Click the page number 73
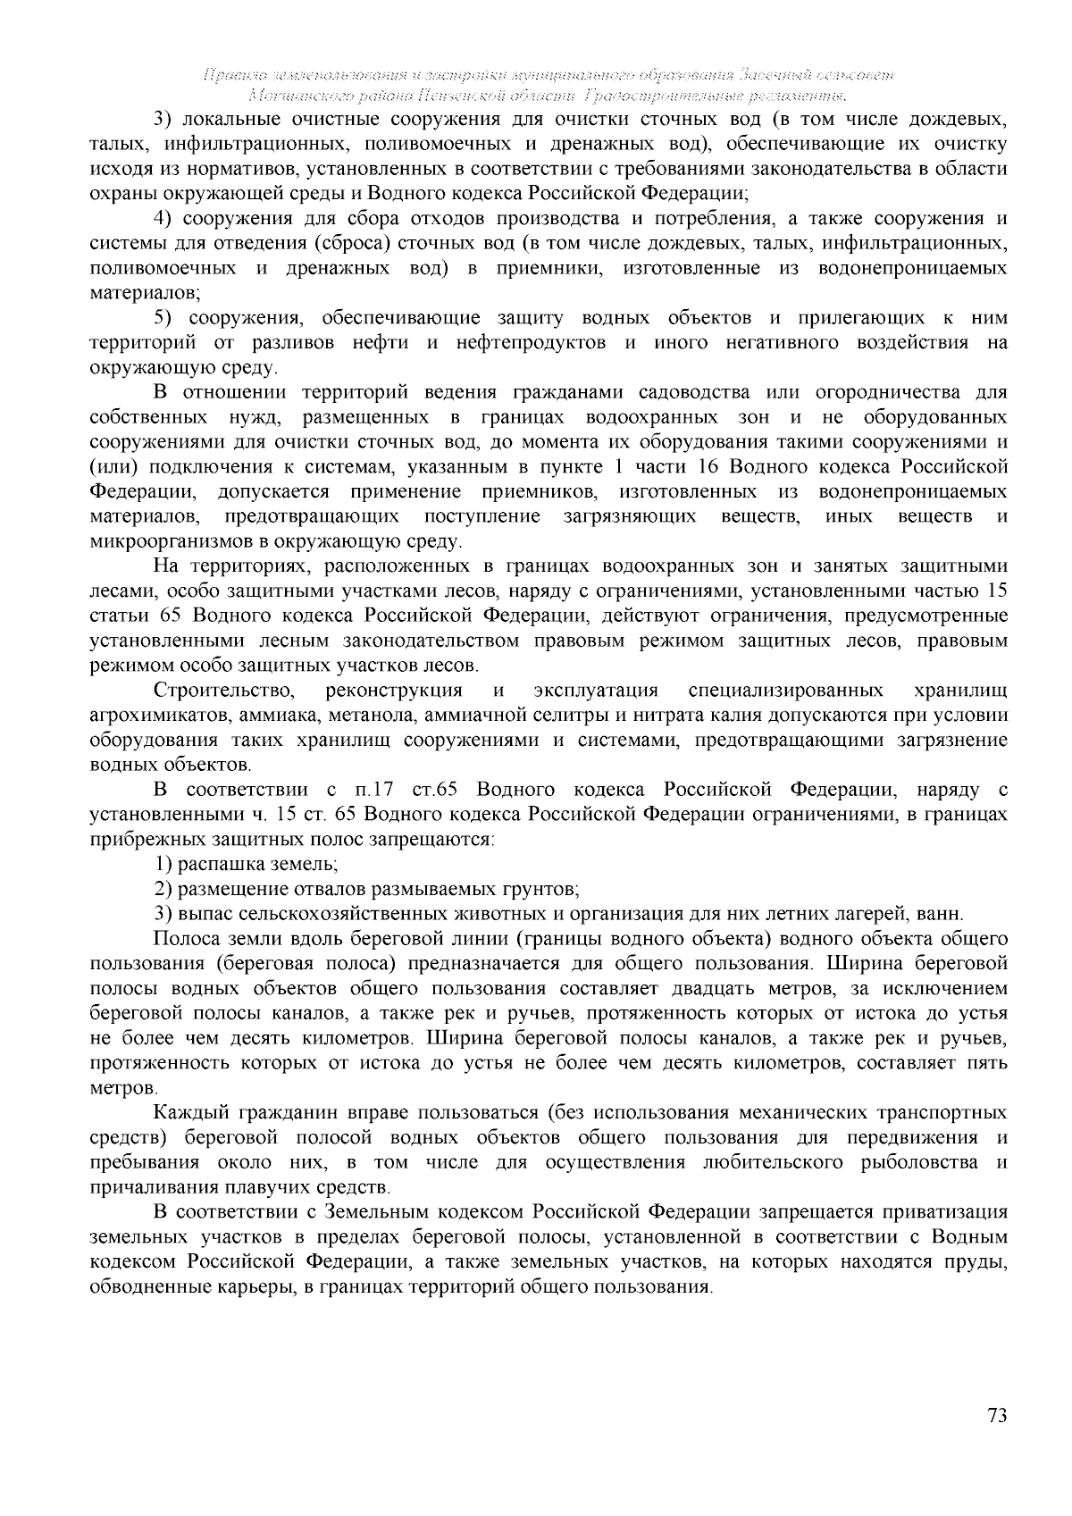click(997, 1416)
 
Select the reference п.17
click(374, 790)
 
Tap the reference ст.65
click(435, 790)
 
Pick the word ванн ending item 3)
click(943, 914)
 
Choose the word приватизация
click(945, 1212)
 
